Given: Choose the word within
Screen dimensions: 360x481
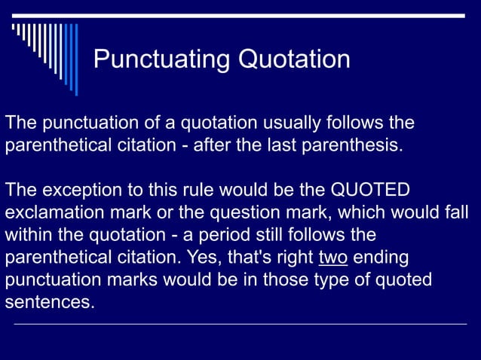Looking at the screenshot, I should coord(27,234).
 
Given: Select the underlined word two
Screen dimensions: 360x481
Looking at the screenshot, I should coord(332,257).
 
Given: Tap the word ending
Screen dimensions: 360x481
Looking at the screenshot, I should coord(381,257).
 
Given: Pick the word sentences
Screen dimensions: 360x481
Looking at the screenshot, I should coord(50,303).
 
